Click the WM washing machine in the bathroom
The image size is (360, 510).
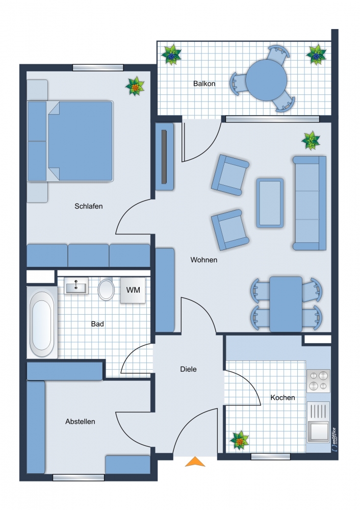coord(133,290)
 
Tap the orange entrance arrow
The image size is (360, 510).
coord(194,462)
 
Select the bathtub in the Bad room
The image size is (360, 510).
coord(42,323)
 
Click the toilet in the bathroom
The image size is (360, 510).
coord(107,289)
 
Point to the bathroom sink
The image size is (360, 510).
coord(76,286)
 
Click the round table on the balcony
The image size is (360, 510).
coord(266,80)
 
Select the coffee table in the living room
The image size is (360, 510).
coord(270,202)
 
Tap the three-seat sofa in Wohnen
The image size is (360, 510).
coord(310,202)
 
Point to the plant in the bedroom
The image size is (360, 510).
coord(135,87)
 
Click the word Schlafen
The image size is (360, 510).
coord(89,207)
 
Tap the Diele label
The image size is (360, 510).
coord(188,369)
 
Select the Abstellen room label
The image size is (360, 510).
coord(80,422)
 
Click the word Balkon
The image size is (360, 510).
coord(204,84)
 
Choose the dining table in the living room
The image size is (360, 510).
coord(286,304)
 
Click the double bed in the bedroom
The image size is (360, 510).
coord(80,140)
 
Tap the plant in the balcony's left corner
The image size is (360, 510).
coord(171,54)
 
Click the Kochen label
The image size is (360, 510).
coord(282,397)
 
